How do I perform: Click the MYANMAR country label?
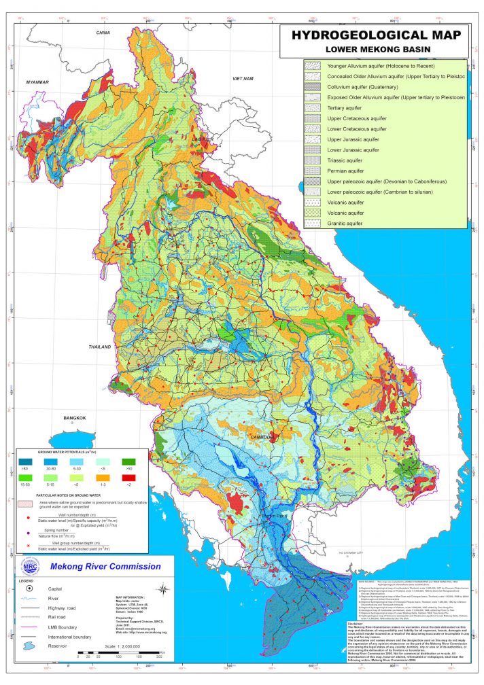39,82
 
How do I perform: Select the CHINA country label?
103,33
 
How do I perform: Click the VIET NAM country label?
243,80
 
